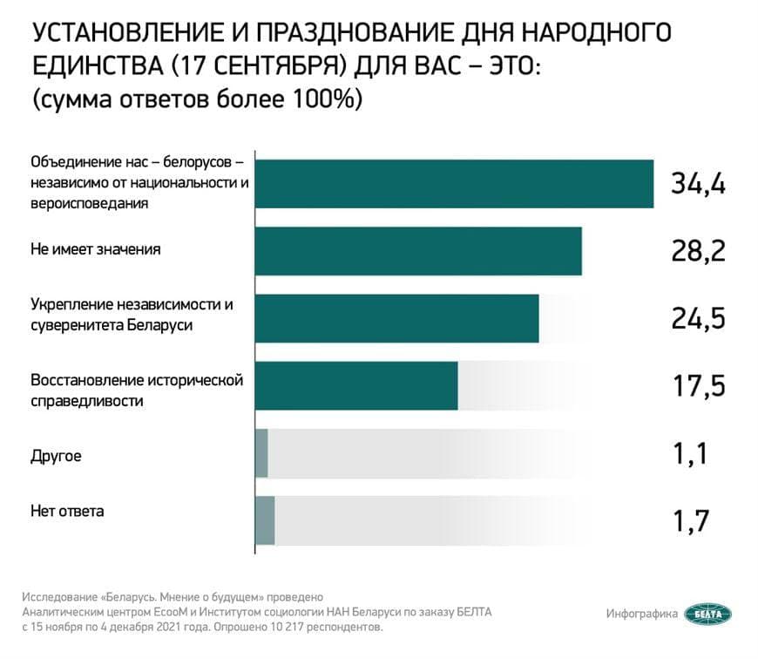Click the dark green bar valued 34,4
tap(453, 184)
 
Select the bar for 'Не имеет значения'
tap(417, 251)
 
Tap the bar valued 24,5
tap(396, 318)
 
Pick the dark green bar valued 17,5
tap(355, 385)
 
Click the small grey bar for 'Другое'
tap(261, 453)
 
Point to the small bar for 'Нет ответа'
tap(265, 520)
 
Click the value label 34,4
tap(698, 184)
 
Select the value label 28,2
tap(698, 251)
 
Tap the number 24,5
tap(698, 318)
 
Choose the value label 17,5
tap(698, 385)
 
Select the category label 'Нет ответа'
tap(67, 512)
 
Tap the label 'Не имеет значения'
tap(96, 249)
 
